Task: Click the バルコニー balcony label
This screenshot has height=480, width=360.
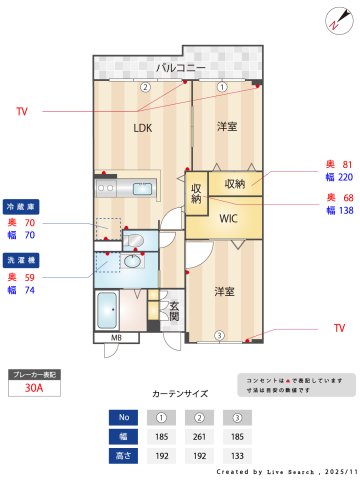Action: coord(181,68)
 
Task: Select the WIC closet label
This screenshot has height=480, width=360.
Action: coord(228,218)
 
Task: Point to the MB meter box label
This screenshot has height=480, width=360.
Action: coord(116,338)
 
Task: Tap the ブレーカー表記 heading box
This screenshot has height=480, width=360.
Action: coord(34,374)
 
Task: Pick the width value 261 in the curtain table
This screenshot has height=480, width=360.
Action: coord(201,437)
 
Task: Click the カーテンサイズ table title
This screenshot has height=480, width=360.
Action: coord(181,395)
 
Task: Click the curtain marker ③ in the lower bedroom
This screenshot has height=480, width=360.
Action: coord(220,334)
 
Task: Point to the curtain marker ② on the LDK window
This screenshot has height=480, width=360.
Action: coord(144,87)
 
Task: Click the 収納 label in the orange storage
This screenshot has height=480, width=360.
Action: coord(235,184)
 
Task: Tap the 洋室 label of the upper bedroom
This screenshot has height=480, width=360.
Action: coord(228,127)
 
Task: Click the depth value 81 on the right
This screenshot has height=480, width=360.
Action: coord(347,164)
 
